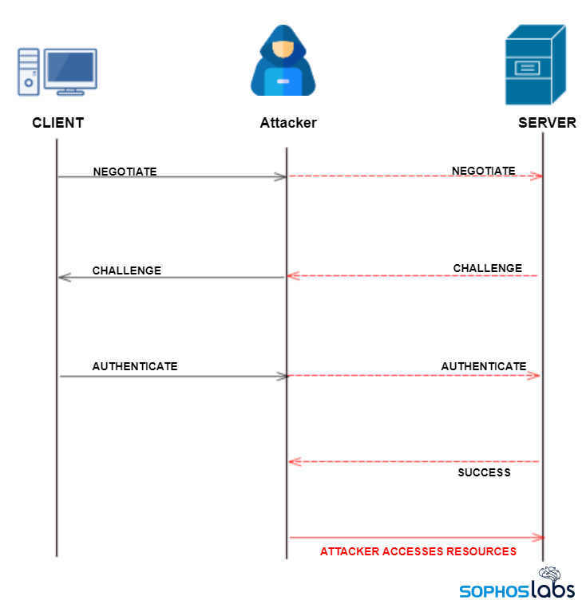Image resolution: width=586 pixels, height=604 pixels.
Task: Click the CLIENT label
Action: click(57, 123)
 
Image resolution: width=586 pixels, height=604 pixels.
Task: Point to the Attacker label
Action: click(288, 123)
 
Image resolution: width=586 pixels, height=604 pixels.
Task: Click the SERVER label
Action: click(547, 123)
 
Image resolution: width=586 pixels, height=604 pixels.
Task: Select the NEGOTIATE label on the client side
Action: click(125, 172)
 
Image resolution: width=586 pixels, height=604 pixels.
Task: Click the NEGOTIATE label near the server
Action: click(483, 171)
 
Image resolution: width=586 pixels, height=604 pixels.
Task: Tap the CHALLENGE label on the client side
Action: click(126, 270)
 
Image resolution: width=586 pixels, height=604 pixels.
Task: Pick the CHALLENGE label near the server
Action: click(487, 268)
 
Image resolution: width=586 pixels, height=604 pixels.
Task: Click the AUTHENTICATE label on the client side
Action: click(134, 366)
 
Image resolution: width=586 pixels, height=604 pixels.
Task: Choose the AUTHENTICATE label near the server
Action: click(483, 366)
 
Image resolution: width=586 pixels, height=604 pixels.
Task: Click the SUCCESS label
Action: click(484, 472)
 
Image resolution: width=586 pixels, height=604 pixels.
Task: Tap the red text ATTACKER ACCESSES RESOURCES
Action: click(418, 551)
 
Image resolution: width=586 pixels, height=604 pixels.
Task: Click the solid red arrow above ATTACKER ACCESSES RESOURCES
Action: click(415, 538)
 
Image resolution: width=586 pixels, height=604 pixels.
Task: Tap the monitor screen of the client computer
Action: click(70, 69)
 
